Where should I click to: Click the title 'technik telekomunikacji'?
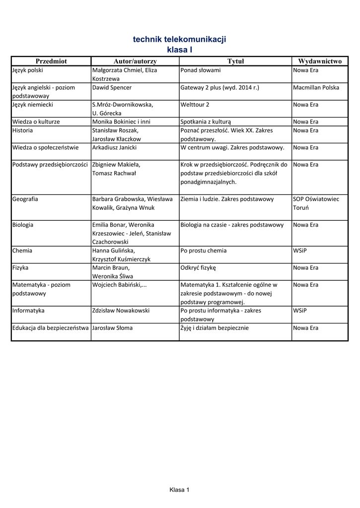pyautogui.click(x=180, y=39)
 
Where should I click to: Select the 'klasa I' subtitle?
pyautogui.click(x=180, y=50)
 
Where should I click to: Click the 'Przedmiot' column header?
pyautogui.click(x=51, y=61)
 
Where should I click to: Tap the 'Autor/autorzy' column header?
pyautogui.click(x=135, y=61)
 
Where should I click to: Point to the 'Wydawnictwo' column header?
pyautogui.click(x=320, y=61)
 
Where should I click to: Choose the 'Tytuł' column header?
pyautogui.click(x=235, y=61)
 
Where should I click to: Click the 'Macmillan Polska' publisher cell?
pyautogui.click(x=316, y=87)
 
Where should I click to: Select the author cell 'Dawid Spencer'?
pyautogui.click(x=112, y=87)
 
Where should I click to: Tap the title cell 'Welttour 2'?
pyautogui.click(x=195, y=105)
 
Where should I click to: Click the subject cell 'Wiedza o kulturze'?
pyautogui.click(x=36, y=122)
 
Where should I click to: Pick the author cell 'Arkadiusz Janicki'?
pyautogui.click(x=115, y=147)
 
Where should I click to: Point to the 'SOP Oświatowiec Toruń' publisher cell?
pyautogui.click(x=316, y=203)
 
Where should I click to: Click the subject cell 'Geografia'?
pyautogui.click(x=25, y=199)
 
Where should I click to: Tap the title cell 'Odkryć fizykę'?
pyautogui.click(x=199, y=268)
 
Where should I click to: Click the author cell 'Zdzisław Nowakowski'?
pyautogui.click(x=121, y=311)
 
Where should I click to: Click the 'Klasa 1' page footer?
pyautogui.click(x=180, y=490)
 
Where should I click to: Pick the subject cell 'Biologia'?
pyautogui.click(x=23, y=225)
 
